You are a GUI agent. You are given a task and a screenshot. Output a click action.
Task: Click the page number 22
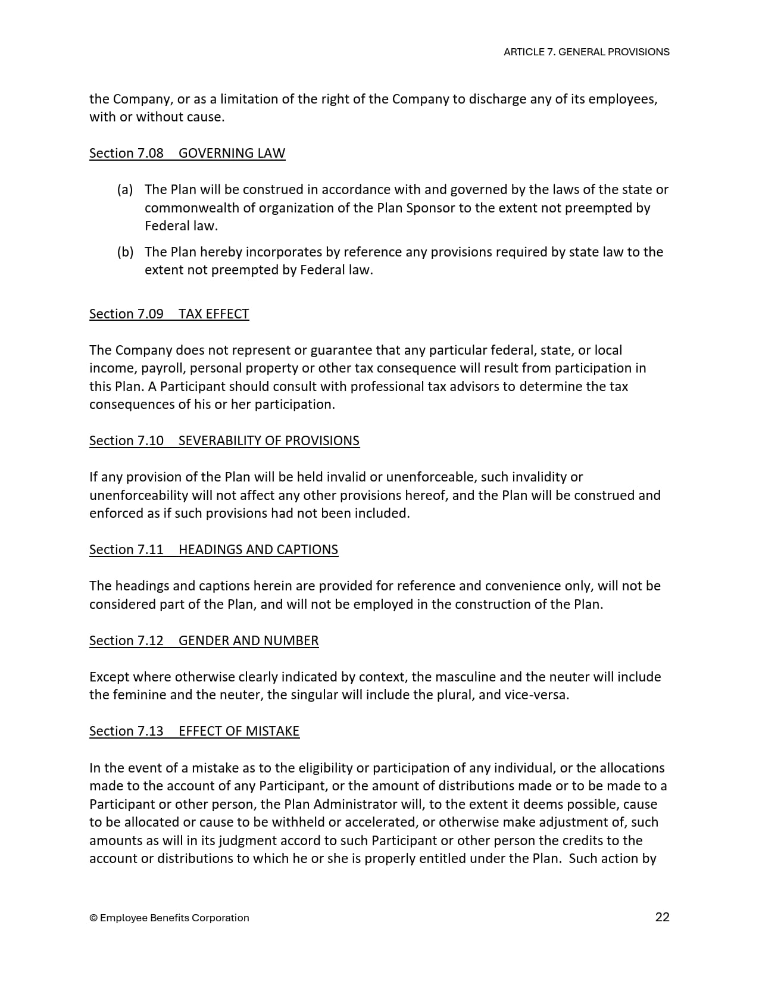point(662,917)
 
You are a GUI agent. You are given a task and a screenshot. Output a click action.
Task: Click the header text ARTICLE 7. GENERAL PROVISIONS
point(586,52)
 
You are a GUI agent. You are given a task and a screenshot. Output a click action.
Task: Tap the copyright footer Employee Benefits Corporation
point(169,918)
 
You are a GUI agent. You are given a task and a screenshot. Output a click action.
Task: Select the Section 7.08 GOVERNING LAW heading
point(187,153)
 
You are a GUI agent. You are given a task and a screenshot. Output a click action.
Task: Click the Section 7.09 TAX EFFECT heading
point(169,314)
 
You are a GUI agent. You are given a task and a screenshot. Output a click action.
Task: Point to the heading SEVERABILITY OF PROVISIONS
point(268,440)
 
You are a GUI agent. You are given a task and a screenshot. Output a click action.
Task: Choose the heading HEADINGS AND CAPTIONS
point(258,549)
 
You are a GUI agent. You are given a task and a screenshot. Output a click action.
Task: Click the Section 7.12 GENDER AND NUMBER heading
point(204,640)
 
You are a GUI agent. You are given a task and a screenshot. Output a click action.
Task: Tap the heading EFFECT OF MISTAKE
point(239,731)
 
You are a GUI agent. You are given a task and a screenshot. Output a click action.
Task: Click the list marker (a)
point(125,189)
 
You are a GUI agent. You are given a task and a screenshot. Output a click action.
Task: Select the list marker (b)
point(125,252)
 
